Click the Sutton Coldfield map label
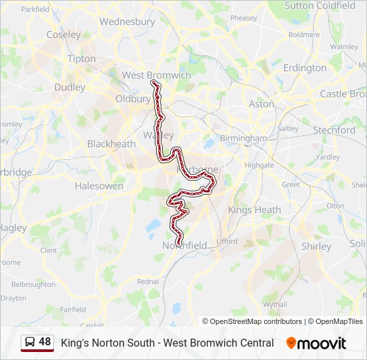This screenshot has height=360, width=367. (320, 5)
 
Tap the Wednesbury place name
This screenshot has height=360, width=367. (127, 21)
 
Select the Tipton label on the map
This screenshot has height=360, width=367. (81, 59)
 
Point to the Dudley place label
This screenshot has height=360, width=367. (69, 87)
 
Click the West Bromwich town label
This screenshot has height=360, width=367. (156, 75)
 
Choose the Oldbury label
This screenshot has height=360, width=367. (133, 99)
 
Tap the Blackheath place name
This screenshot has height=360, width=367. (111, 144)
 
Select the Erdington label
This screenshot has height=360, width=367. (304, 68)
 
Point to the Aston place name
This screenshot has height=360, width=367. (261, 104)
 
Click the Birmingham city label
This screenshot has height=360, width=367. (245, 138)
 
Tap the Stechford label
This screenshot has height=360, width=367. (334, 130)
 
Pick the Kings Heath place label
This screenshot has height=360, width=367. (254, 209)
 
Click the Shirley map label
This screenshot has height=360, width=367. (316, 246)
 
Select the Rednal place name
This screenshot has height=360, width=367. (147, 281)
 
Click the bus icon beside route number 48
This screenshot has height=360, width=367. (30, 343)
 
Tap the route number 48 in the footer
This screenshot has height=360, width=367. (45, 342)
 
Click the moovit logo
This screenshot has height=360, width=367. (316, 343)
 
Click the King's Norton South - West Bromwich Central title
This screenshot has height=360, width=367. (167, 343)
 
